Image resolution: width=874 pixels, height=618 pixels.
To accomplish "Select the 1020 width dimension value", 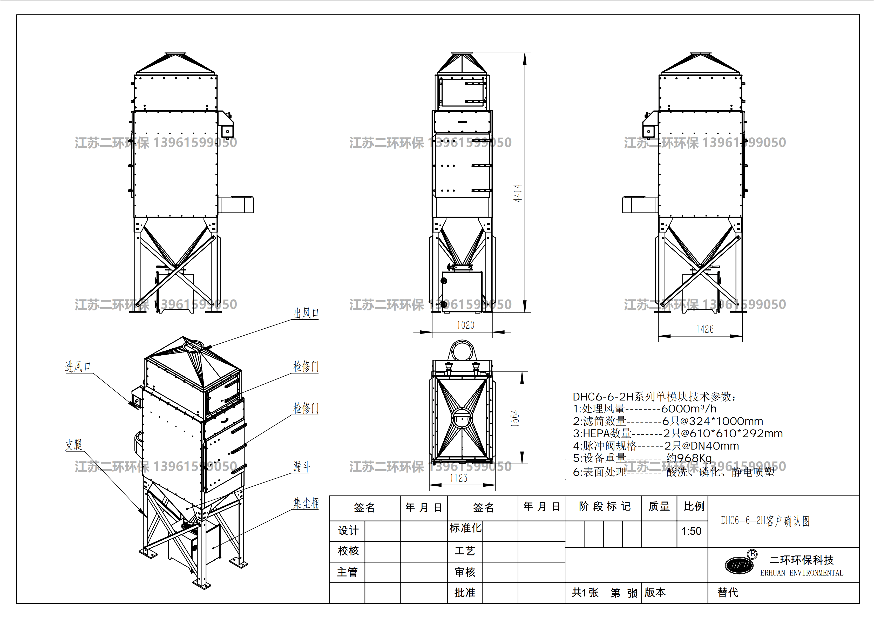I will [x=465, y=325].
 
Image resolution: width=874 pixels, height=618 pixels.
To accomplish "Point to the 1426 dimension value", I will [x=704, y=329].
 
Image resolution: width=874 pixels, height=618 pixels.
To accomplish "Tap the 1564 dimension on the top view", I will [x=515, y=418].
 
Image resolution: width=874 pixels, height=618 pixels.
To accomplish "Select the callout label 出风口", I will [x=306, y=313].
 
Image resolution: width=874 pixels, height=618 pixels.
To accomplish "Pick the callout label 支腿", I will [x=74, y=444].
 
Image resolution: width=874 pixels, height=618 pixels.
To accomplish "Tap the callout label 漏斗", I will [x=301, y=466].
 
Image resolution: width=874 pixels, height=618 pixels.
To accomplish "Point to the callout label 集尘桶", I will [x=306, y=503].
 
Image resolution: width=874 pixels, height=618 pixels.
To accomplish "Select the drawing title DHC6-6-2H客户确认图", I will [x=765, y=521].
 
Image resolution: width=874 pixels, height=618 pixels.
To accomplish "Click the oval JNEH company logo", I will [x=739, y=565].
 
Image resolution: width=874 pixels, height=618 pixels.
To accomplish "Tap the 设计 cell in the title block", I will [x=348, y=531].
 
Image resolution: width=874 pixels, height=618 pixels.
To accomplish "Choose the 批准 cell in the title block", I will [x=465, y=593].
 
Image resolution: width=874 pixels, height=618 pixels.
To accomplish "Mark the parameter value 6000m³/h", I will [x=689, y=409].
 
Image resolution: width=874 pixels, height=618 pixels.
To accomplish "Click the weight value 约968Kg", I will [x=689, y=458].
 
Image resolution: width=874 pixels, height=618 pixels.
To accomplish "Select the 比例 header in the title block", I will [x=694, y=506].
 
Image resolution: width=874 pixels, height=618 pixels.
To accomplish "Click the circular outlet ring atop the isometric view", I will [x=194, y=346].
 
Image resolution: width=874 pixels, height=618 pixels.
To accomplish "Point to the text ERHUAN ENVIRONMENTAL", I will [x=802, y=573].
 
